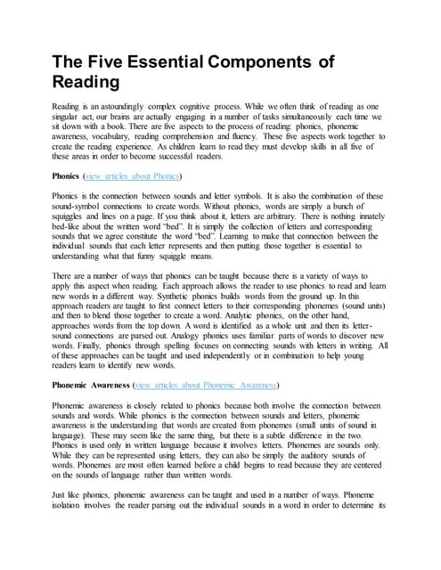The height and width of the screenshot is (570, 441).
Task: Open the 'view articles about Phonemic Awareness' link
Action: tap(206, 386)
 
